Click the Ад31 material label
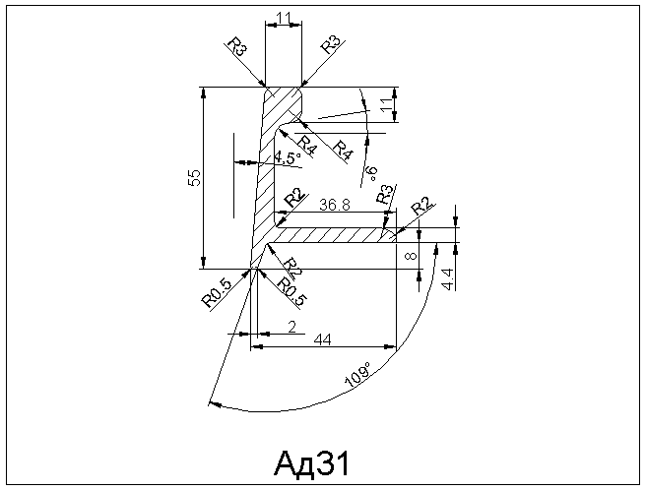[312, 463]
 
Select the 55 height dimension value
[194, 178]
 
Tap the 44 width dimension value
[323, 339]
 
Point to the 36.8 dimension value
[335, 205]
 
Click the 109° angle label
[357, 374]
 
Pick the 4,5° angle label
[288, 157]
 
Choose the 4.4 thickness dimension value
[449, 278]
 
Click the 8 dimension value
[412, 256]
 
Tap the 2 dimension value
[292, 328]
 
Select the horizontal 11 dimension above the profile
[284, 18]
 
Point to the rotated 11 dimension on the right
[387, 104]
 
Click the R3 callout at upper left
[237, 46]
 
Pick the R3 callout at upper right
[331, 45]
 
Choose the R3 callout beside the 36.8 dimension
[384, 195]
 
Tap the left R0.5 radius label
[216, 293]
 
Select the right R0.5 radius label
[292, 292]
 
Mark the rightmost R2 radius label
[421, 207]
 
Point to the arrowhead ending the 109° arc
[215, 404]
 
